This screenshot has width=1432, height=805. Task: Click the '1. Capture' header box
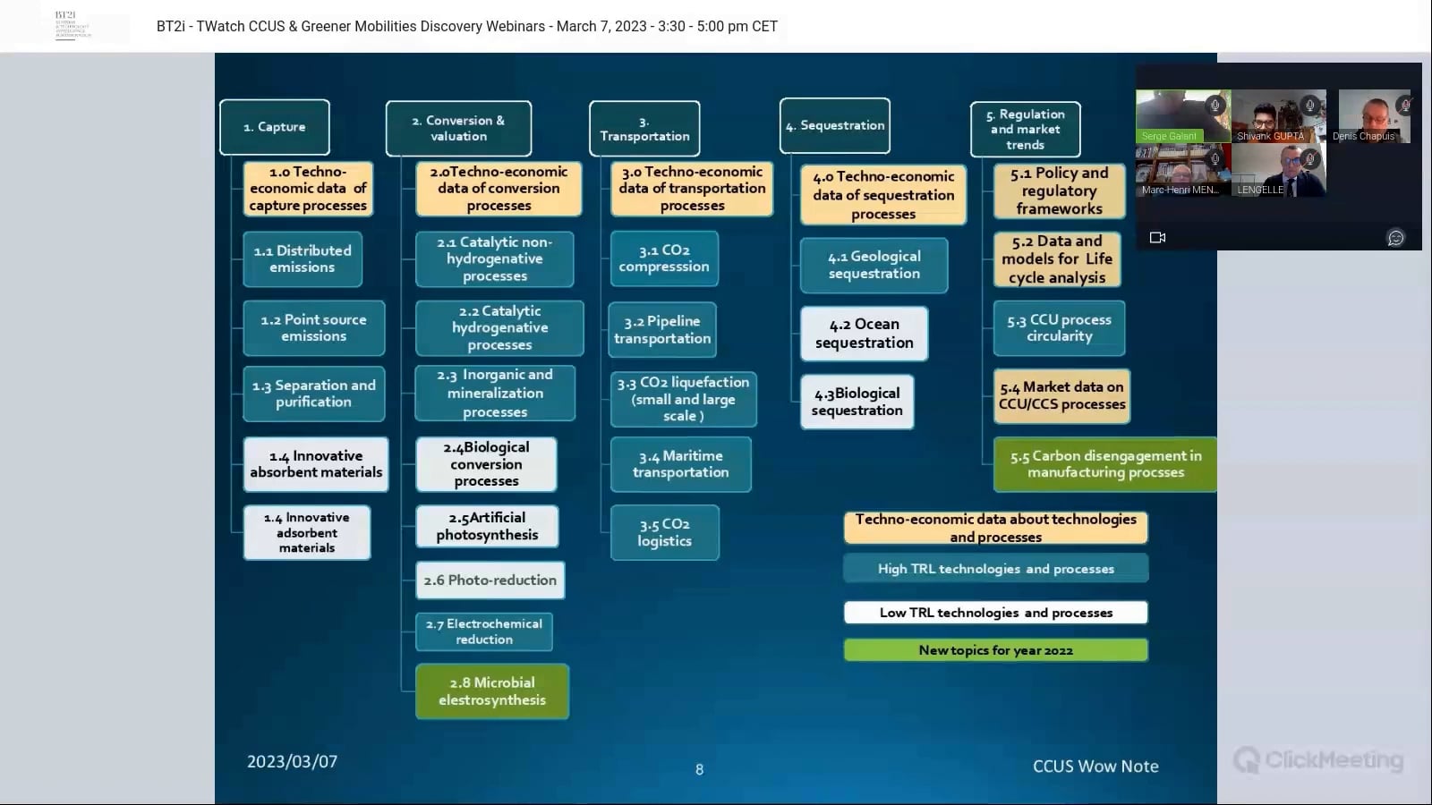tap(275, 127)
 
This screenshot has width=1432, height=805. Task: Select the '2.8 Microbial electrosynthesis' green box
tap(492, 691)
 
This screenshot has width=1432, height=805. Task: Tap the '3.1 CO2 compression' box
tap(664, 258)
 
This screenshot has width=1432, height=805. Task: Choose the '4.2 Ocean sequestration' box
tap(864, 334)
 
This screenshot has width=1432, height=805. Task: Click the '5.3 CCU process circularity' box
tap(1060, 328)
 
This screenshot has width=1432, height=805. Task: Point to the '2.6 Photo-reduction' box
tap(490, 580)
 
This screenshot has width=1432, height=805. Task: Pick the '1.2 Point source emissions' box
tap(313, 328)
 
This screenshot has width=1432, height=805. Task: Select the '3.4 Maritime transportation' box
tap(680, 464)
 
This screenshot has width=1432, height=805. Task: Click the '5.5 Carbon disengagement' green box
tap(1105, 464)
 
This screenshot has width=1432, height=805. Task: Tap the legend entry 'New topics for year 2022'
tap(995, 650)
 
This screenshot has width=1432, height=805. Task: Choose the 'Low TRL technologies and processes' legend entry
tap(995, 613)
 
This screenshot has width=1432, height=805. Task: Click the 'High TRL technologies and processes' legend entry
tap(995, 569)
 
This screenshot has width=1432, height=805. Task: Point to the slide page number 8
tap(699, 769)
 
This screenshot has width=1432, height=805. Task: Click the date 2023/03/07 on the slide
tap(292, 762)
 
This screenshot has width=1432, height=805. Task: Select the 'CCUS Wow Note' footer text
tap(1095, 767)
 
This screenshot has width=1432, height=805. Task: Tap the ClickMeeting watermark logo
tap(1318, 760)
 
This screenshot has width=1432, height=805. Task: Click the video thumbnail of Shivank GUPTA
tap(1278, 116)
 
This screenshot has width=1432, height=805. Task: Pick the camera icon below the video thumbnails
tap(1157, 238)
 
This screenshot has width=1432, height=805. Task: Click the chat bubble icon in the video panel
tap(1395, 238)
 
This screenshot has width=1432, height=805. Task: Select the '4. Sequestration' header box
tap(835, 126)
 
